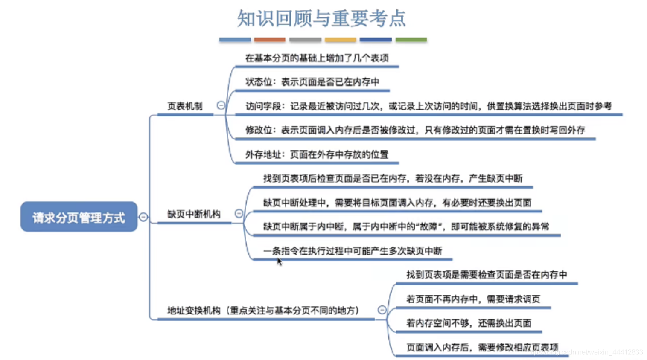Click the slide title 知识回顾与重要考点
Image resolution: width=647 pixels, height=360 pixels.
tap(321, 18)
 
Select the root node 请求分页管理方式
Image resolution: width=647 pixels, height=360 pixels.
tap(79, 217)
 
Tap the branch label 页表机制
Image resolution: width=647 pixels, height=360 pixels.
tap(185, 106)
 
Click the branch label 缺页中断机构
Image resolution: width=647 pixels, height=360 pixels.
tap(194, 214)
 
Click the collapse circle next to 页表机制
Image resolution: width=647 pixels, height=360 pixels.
tap(221, 105)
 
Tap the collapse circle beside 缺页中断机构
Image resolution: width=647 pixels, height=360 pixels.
tap(239, 213)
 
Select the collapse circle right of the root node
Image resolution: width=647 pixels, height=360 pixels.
tap(143, 217)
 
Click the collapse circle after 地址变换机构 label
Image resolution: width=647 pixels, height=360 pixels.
tap(382, 310)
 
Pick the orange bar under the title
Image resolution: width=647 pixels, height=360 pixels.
tap(270, 40)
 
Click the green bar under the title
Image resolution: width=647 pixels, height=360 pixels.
tap(411, 40)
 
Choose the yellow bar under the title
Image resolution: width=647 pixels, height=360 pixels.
tap(340, 40)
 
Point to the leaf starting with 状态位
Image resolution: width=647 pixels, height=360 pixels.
tap(312, 82)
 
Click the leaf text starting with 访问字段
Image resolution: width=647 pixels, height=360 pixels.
tap(428, 106)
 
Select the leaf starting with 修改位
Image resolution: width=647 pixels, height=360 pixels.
tap(415, 130)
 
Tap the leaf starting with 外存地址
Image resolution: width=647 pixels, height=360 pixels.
tap(317, 154)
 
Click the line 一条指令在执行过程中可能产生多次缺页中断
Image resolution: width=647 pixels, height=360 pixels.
tap(353, 251)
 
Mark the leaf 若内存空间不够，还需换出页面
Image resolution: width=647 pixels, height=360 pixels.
tap(469, 323)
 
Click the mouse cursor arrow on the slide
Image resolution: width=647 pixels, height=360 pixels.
tap(279, 261)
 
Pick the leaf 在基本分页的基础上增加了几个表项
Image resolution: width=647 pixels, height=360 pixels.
tap(317, 58)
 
